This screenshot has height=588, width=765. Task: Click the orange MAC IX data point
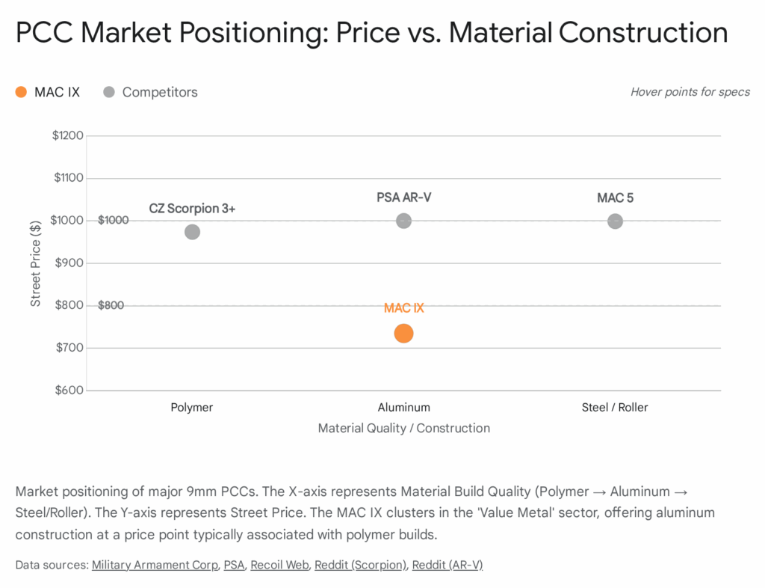pos(403,334)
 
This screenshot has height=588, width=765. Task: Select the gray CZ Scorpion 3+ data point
pos(192,232)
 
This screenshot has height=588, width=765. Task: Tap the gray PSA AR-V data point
pos(403,221)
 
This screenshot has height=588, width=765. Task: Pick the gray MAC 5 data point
pos(615,221)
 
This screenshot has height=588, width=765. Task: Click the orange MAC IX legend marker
pos(21,93)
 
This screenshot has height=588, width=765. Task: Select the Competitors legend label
pos(160,93)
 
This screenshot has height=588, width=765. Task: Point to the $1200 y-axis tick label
pos(68,136)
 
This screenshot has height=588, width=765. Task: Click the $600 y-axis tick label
pos(68,391)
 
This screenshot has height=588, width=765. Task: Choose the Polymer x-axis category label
pos(192,408)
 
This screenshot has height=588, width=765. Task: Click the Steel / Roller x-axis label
pos(615,408)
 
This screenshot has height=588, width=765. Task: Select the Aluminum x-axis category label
pos(403,408)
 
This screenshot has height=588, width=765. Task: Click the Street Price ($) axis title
pos(36,263)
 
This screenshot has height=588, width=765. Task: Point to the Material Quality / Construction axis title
pos(403,429)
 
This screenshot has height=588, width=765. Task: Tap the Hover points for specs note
pos(690,93)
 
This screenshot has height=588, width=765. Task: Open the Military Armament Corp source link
pos(155,566)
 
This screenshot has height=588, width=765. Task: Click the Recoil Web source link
pos(279,566)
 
